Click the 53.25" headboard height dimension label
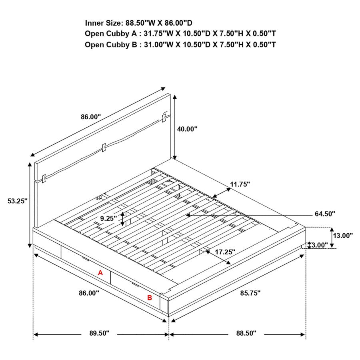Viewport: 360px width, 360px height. [17, 201]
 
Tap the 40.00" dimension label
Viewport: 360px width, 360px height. [187, 129]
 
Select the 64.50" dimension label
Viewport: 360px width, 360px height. [325, 214]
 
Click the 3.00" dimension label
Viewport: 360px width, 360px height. [320, 245]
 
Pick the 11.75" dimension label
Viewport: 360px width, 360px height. [240, 184]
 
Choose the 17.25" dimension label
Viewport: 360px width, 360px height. [225, 252]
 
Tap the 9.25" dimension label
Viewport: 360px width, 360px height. [108, 218]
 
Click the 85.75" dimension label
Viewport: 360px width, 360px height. [250, 293]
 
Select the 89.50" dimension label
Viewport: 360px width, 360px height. [99, 334]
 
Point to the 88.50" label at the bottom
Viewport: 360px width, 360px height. [246, 334]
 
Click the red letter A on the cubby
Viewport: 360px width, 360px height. [101, 273]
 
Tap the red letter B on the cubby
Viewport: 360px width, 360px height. [150, 298]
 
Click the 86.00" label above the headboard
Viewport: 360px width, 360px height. [91, 117]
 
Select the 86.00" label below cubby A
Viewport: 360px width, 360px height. [89, 293]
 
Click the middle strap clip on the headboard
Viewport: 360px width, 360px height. [104, 147]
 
